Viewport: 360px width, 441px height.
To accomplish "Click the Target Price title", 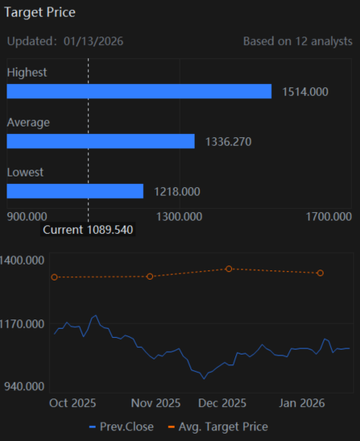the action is [x=40, y=12].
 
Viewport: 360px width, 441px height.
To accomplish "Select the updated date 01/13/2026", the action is [x=93, y=42].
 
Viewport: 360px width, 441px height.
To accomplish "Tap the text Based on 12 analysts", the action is [x=298, y=42].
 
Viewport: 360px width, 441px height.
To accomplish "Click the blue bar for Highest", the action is [x=139, y=92].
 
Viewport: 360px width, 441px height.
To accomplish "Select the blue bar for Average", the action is [x=101, y=141].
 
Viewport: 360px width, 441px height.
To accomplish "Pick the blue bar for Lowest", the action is [x=75, y=191].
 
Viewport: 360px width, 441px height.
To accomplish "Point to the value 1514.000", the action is [x=305, y=92].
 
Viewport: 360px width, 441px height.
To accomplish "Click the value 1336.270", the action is [x=229, y=141].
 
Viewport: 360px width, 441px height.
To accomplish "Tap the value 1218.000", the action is [x=177, y=192].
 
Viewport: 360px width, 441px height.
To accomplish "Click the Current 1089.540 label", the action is [x=87, y=230].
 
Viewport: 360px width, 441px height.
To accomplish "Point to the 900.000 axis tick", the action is [x=27, y=217].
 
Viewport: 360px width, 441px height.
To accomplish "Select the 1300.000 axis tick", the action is [x=179, y=217].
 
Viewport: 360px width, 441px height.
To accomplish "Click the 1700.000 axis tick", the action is [x=328, y=217].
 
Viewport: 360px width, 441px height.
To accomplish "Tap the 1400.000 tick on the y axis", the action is [x=22, y=260].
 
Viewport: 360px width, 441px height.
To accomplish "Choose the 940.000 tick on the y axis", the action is [x=24, y=386].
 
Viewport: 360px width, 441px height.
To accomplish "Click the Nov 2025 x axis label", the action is [x=155, y=403].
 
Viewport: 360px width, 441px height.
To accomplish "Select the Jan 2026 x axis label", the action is [x=302, y=403].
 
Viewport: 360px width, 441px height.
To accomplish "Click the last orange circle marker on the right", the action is [x=320, y=273].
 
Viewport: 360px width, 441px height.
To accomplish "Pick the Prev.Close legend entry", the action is [x=121, y=427].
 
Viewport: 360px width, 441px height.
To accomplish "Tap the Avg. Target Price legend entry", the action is [x=218, y=427].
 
